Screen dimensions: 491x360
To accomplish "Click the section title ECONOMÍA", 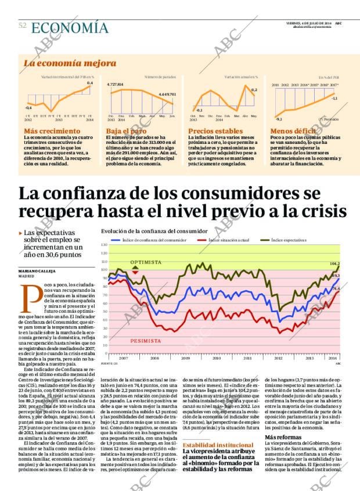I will pos(70,28).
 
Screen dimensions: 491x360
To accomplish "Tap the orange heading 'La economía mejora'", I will pos(70,63).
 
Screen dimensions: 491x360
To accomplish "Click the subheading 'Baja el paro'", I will pos(126,132).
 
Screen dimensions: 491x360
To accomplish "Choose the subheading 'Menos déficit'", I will pos(293,132).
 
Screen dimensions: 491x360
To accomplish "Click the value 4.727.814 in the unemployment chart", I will pos(116,85).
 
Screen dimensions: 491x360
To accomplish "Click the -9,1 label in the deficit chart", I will pos(278,118).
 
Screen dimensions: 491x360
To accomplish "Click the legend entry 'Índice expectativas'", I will pos(305,240).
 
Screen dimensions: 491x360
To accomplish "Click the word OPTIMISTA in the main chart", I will pos(146,262).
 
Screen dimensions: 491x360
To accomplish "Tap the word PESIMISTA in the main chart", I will pos(146,341).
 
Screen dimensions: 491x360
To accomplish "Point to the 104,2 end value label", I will pos(334,263).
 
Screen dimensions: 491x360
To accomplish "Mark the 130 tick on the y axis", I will pos(105,245).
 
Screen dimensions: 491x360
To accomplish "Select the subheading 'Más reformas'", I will pos(285,436).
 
